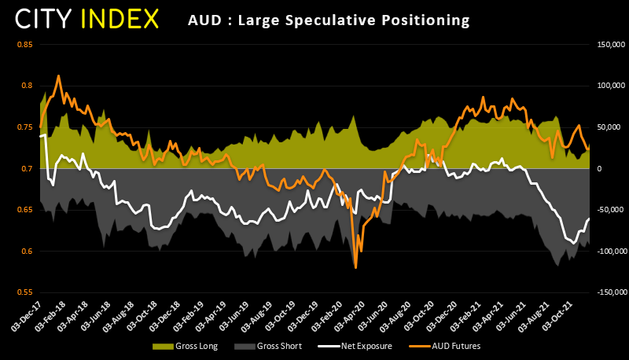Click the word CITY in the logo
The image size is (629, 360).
pyautogui.click(x=49, y=18)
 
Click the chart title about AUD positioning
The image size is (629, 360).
pyautogui.click(x=329, y=19)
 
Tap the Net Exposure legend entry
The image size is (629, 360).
pyautogui.click(x=366, y=346)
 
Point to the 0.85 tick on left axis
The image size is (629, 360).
pyautogui.click(x=24, y=44)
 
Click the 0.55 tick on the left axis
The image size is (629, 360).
pyautogui.click(x=24, y=292)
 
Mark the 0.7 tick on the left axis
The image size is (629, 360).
pyautogui.click(x=27, y=168)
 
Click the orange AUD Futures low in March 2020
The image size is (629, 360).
pyautogui.click(x=356, y=268)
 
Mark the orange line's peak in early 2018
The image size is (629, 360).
pyautogui.click(x=59, y=76)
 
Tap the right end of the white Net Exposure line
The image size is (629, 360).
pyautogui.click(x=589, y=219)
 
